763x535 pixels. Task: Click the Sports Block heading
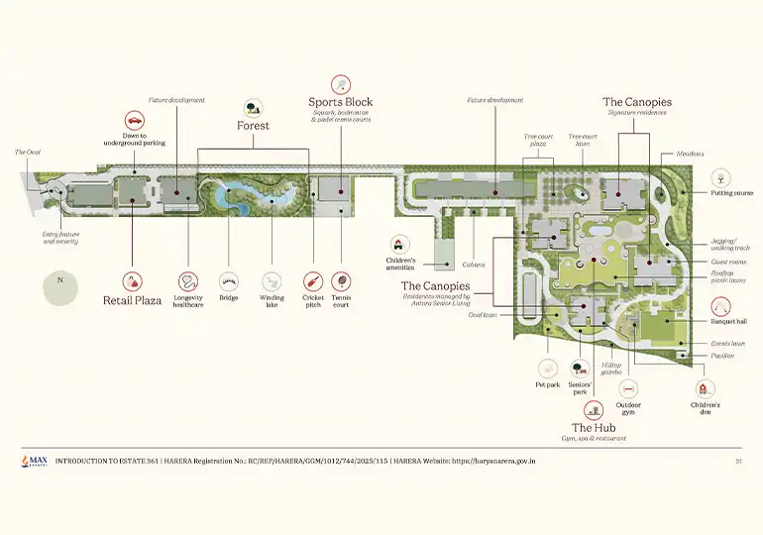[x=340, y=102]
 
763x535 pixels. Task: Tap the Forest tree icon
[x=253, y=108]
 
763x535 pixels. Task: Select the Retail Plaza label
[x=133, y=300]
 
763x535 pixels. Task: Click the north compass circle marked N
[x=60, y=281]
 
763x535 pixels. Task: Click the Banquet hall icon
[x=720, y=304]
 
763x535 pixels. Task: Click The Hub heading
[x=593, y=427]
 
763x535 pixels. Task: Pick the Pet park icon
[x=548, y=370]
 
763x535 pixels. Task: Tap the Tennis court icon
[x=341, y=281]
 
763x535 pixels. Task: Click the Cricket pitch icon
[x=313, y=281]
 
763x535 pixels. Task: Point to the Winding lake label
[x=272, y=301]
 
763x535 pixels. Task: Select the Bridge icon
[x=229, y=281]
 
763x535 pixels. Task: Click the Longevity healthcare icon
[x=188, y=281]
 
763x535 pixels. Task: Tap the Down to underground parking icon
[x=134, y=116]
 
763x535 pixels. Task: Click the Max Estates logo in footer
[x=33, y=462]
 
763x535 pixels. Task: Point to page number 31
[x=738, y=462]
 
